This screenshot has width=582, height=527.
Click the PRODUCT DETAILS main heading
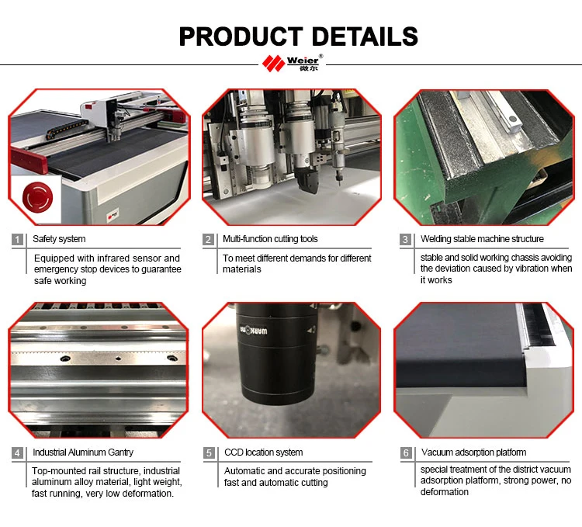coord(298,36)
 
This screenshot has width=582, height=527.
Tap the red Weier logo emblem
coord(274,63)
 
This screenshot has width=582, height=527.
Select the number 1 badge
coord(18,239)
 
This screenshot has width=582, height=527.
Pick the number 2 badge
coord(208,239)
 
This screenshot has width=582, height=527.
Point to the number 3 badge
coord(405,239)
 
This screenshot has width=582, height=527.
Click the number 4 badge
coord(18,452)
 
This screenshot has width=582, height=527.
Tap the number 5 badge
coord(208,452)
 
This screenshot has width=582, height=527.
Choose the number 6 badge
coord(405,452)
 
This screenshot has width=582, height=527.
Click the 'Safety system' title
coord(59,239)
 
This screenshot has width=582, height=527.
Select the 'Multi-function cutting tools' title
coord(270,239)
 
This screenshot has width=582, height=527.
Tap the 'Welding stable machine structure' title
coord(482,239)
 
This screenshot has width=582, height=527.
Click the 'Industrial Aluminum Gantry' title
coord(83,452)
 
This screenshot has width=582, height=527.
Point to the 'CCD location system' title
coord(263,452)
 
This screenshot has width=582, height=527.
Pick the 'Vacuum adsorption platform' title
coord(473,452)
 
